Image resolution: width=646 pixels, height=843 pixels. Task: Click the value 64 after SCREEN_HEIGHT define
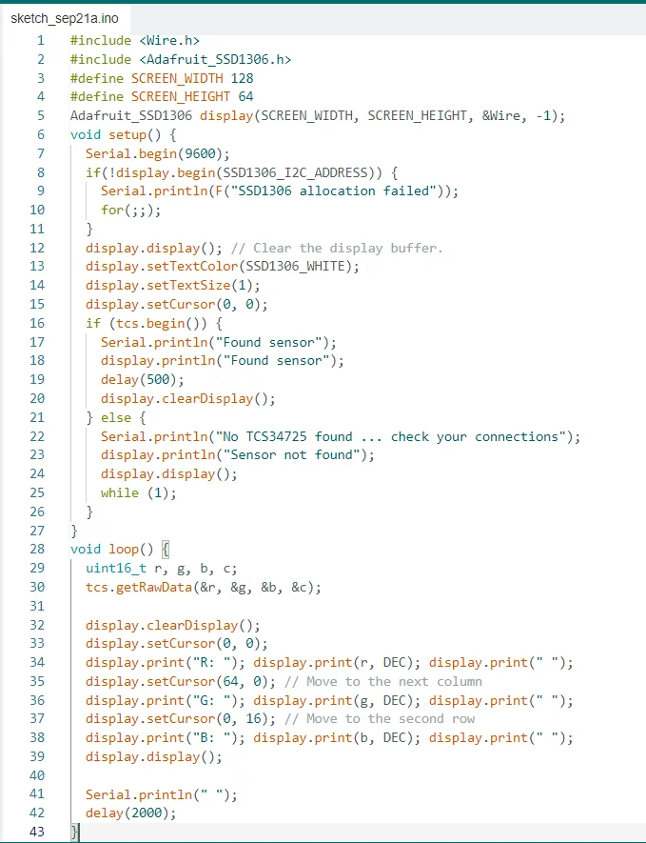(x=246, y=97)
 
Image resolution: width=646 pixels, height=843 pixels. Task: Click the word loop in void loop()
(x=124, y=550)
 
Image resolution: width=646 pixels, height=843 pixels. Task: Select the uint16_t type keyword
(x=115, y=569)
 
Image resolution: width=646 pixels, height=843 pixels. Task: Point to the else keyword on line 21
(x=124, y=417)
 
